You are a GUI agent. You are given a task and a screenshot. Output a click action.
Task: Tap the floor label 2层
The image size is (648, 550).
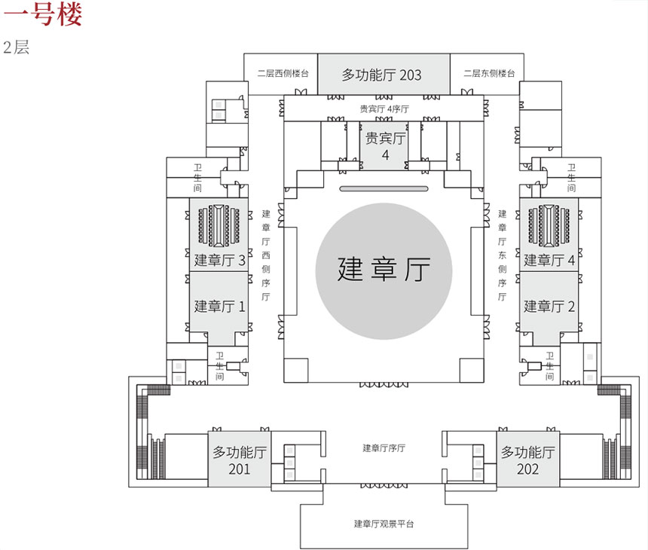[x=16, y=47]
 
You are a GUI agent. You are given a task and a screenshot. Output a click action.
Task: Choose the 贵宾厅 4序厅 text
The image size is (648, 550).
[x=384, y=108]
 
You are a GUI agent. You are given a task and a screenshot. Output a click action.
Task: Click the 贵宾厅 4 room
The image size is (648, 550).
[x=385, y=146]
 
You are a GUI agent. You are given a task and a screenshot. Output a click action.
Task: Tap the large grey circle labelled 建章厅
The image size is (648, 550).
[x=384, y=269]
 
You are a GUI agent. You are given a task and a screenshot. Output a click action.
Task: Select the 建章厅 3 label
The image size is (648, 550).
[x=219, y=261]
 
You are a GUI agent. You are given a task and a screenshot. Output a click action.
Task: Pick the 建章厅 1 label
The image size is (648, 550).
[x=219, y=307]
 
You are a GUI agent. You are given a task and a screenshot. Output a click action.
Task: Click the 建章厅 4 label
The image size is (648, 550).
[x=549, y=261]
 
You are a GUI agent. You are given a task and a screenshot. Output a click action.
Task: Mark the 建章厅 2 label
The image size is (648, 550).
[x=549, y=307]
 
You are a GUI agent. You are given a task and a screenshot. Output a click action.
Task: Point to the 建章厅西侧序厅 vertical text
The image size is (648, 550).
[x=265, y=255]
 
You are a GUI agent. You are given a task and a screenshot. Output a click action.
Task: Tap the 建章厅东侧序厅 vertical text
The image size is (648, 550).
[x=502, y=255]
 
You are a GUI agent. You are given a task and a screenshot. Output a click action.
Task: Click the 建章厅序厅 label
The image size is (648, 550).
[x=384, y=448]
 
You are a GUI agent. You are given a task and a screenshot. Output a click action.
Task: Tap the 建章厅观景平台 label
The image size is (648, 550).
[x=384, y=524]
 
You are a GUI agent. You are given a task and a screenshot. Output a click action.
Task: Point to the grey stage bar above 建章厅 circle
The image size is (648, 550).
[x=384, y=188]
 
